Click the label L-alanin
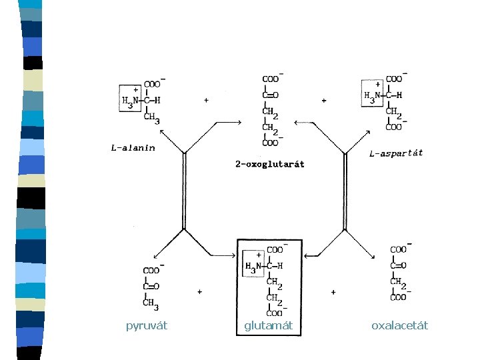tap(133, 148)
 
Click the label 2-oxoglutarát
tap(270, 164)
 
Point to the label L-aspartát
tap(396, 153)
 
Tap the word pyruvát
tap(147, 325)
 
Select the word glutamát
tap(269, 325)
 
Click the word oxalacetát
tap(400, 325)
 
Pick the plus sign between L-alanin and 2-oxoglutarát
tap(206, 101)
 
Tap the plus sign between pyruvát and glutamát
tap(199, 292)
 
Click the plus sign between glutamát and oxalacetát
tap(333, 292)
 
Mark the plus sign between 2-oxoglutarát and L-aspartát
tap(324, 101)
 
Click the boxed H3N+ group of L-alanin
tap(129, 98)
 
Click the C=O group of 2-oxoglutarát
tap(270, 95)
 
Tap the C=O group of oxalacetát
tap(398, 265)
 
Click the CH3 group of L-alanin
tap(153, 119)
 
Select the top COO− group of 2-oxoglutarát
tap(271, 79)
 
